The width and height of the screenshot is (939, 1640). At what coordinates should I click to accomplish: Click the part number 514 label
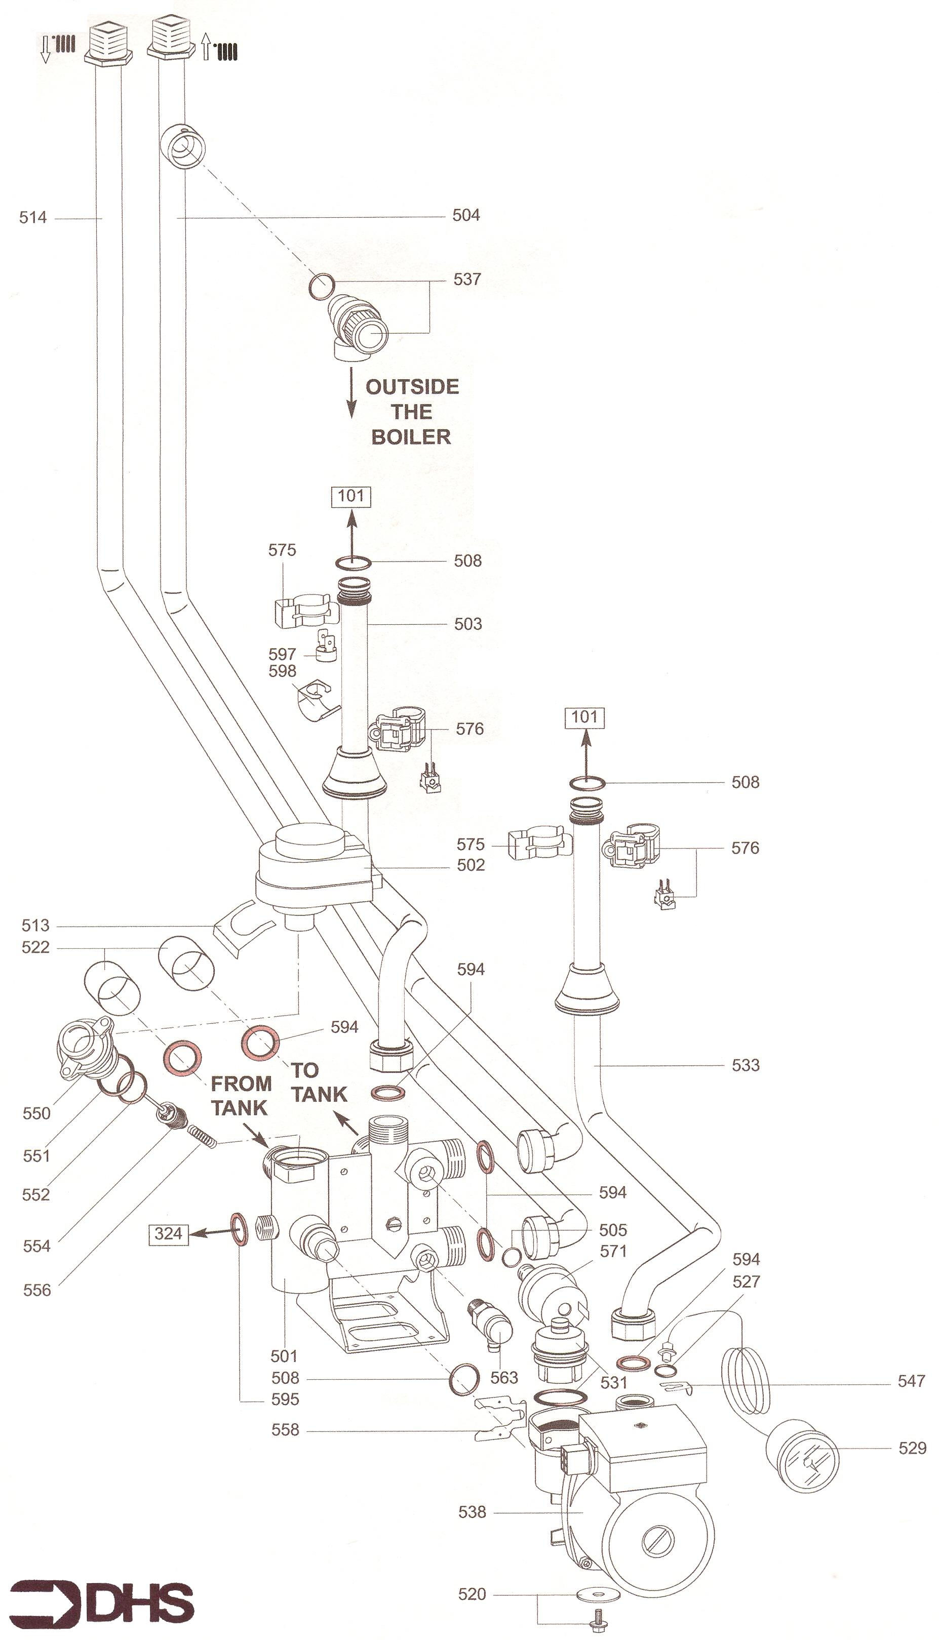point(33,218)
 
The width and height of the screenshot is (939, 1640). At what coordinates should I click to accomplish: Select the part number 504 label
point(465,215)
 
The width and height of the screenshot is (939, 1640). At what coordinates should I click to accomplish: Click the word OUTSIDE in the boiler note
point(412,387)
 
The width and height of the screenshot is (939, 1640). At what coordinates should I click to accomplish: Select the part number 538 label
point(472,1512)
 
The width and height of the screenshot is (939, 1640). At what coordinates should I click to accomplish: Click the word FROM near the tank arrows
point(241,1083)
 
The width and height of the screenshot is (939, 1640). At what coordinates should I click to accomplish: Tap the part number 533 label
point(746,1065)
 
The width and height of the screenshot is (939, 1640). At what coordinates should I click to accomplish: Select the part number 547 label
point(911,1381)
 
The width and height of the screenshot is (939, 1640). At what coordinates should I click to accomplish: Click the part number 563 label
point(503,1378)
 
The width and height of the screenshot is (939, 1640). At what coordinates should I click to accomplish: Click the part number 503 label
point(467,624)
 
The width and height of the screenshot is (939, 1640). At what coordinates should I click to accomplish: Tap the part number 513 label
point(35,926)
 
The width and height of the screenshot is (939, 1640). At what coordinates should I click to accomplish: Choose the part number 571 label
point(613,1251)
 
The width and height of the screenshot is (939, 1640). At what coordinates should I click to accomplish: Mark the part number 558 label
point(285,1430)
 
